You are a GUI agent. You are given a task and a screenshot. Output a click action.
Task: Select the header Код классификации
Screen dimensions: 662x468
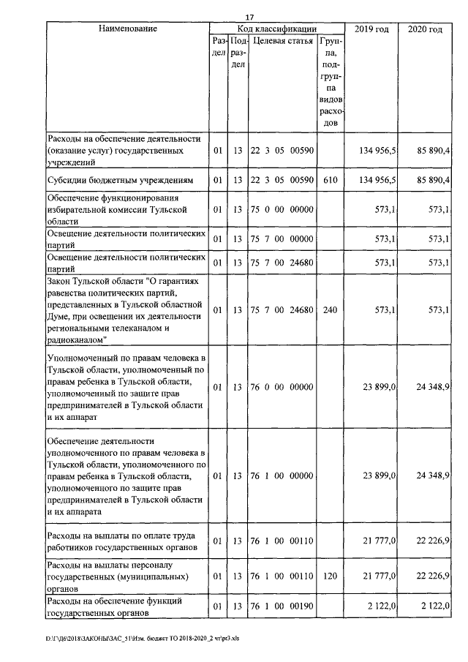click(277, 29)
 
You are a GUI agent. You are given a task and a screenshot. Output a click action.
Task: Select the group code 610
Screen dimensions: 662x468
click(330, 179)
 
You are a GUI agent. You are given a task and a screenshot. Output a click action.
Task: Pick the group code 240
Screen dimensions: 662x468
click(330, 310)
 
